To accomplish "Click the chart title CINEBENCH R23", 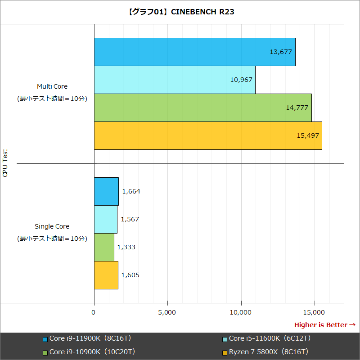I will click(x=180, y=12).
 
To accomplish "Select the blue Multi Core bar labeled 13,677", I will click(x=194, y=52).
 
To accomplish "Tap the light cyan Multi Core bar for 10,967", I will click(x=175, y=80).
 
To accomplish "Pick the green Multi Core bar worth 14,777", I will click(x=202, y=108).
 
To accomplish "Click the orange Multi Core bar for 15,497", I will click(x=208, y=135).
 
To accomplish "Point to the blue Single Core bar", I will click(x=106, y=191).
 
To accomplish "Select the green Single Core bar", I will click(x=104, y=247).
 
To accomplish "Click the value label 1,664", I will click(x=131, y=191).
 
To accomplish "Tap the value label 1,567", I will click(x=130, y=219).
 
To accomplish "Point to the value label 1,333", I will click(x=126, y=247).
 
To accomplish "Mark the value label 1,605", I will click(x=130, y=275).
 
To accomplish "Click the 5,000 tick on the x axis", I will click(x=167, y=311).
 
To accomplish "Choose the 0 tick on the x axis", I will click(x=94, y=311).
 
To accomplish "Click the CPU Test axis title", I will click(x=5, y=163).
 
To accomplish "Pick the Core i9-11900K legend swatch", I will click(x=45, y=339).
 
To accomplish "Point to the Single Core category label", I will click(x=52, y=226).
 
